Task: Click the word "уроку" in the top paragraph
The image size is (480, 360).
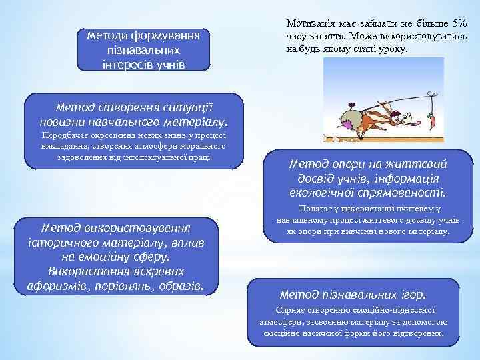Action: click(x=396, y=50)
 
